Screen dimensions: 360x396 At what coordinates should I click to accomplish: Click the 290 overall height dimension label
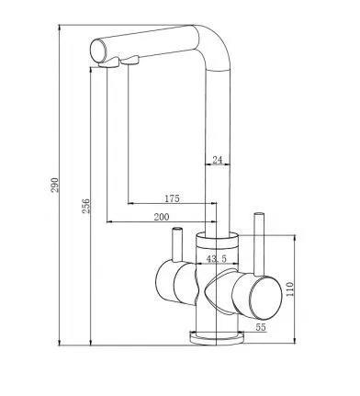[54, 185]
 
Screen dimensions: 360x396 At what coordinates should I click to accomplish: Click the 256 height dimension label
[86, 206]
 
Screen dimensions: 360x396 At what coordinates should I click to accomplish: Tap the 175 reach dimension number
[172, 198]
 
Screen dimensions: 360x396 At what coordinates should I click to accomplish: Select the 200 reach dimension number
[162, 217]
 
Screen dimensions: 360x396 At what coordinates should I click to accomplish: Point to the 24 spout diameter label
[217, 160]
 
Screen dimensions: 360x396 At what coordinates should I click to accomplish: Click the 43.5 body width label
[217, 259]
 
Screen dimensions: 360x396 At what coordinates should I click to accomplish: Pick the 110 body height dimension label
[289, 289]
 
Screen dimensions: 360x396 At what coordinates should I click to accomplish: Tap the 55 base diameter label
[261, 327]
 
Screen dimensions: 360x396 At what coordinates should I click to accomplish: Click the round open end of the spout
[98, 51]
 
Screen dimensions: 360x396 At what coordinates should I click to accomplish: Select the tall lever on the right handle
[259, 243]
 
